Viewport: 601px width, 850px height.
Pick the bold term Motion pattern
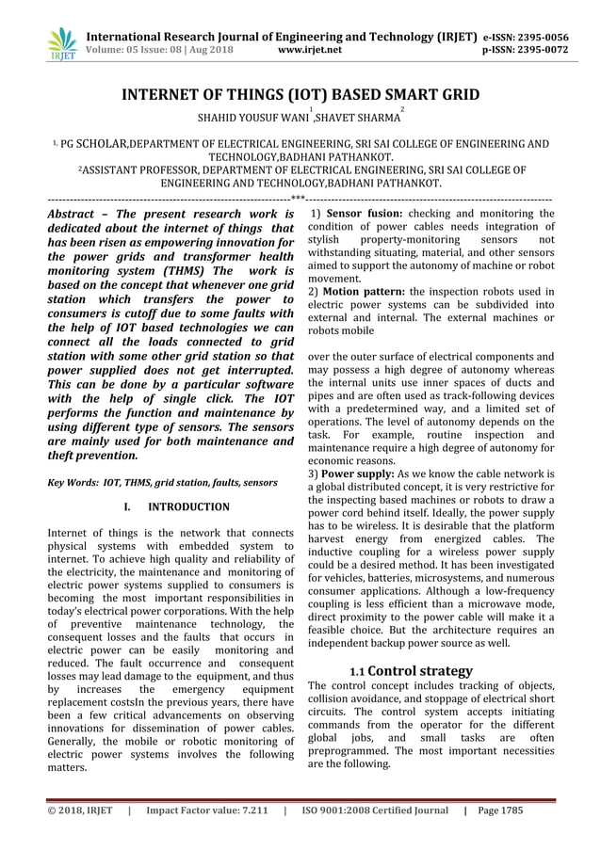pyautogui.click(x=362, y=292)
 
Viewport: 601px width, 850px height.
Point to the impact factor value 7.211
pyautogui.click(x=252, y=810)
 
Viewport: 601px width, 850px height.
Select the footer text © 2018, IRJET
pyautogui.click(x=80, y=810)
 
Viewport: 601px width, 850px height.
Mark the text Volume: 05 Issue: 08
pyautogui.click(x=142, y=50)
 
